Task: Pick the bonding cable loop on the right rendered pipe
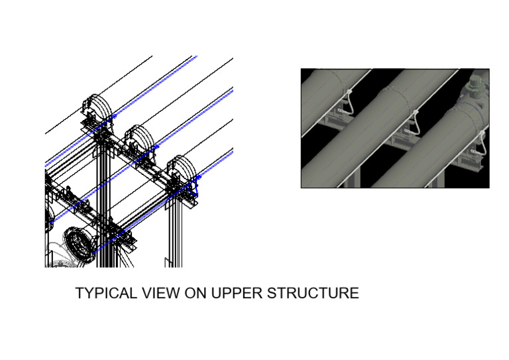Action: pos(479,143)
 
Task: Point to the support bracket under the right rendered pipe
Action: pos(472,161)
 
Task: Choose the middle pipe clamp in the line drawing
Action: pos(139,140)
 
